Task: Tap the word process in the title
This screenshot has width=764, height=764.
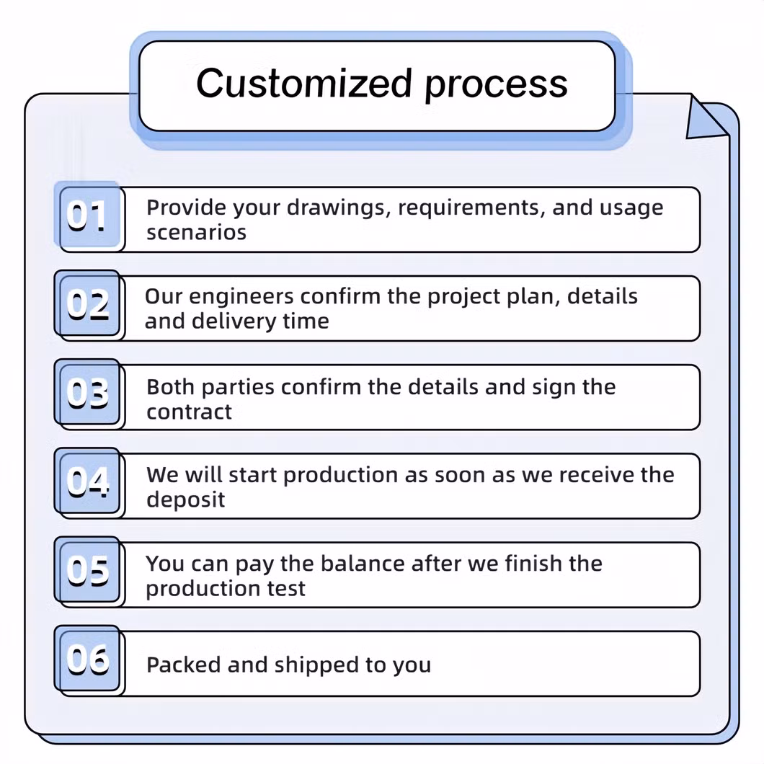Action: [x=496, y=85]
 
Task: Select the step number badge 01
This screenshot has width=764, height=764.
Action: [x=88, y=216]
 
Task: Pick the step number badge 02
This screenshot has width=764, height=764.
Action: [x=88, y=304]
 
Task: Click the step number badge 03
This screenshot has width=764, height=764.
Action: [x=88, y=393]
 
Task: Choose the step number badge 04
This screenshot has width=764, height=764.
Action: [x=88, y=481]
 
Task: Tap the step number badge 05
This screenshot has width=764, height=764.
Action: [x=88, y=570]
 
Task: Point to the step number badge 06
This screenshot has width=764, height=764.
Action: [x=88, y=659]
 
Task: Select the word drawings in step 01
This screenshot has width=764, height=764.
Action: [x=338, y=208]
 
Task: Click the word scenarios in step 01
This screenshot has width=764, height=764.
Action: [x=196, y=233]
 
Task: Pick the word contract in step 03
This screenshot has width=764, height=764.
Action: [x=189, y=412]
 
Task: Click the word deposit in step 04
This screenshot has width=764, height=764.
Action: [x=185, y=499]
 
